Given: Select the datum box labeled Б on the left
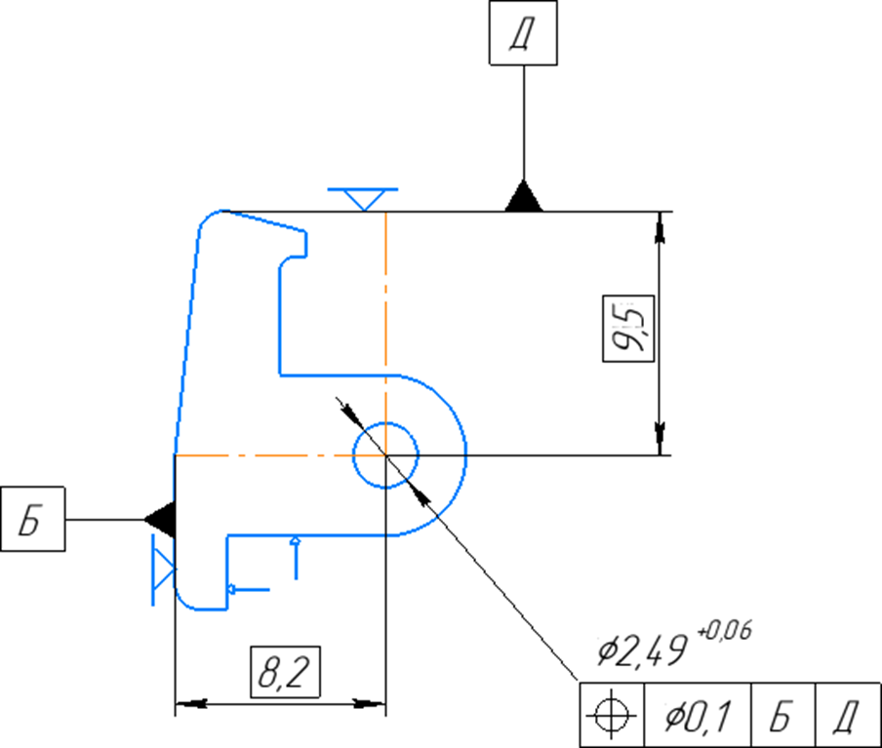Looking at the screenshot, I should pos(33,519).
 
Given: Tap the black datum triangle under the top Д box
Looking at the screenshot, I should pos(524,197).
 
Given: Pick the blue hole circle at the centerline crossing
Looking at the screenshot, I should pos(386,454).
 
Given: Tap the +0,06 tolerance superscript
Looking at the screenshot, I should pos(725,631).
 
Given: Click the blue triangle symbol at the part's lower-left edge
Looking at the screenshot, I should pos(162,569).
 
